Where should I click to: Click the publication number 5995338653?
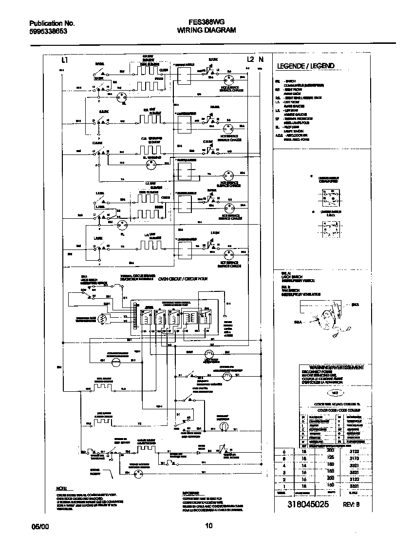[48, 31]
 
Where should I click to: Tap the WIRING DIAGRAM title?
[206, 30]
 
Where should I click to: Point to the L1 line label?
[64, 60]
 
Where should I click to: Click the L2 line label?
[250, 59]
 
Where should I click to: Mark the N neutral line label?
[261, 59]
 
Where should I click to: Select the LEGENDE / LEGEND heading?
[305, 66]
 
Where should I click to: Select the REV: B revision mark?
[351, 505]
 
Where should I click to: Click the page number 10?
[208, 526]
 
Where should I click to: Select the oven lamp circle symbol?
[225, 426]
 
